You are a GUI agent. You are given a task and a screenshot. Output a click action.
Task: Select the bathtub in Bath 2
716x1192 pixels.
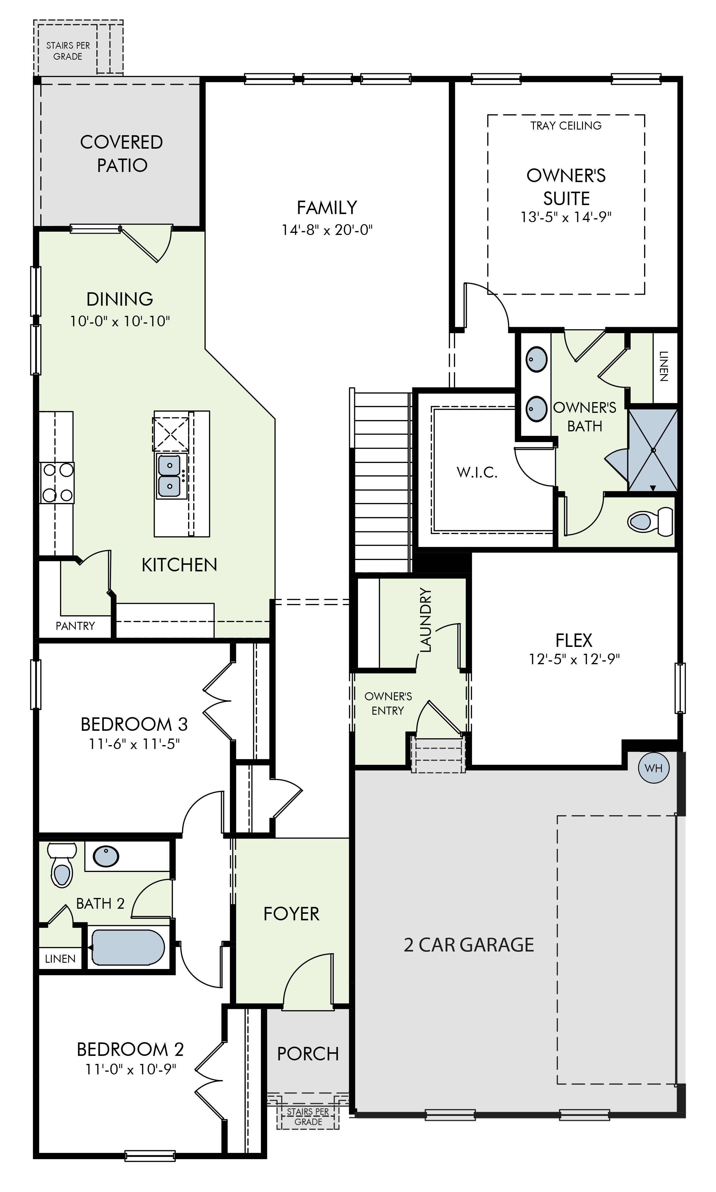coord(128,947)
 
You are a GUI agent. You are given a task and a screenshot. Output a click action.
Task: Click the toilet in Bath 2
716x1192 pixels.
coord(62,865)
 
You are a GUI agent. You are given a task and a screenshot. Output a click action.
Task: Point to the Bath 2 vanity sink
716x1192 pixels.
coord(106,856)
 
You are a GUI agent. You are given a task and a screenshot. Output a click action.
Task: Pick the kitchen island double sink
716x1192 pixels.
coord(170,477)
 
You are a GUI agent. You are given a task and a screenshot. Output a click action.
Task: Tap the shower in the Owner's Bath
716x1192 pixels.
coord(653,450)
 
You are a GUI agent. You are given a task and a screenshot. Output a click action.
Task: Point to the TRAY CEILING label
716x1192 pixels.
coord(566,125)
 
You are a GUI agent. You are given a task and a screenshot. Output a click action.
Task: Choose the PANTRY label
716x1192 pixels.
coord(75,626)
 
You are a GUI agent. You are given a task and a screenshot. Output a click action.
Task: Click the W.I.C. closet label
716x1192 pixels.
coord(477,472)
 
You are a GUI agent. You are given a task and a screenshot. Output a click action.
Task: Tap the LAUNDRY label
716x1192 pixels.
coord(425,620)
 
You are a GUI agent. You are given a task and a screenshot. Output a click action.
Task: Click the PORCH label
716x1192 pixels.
coord(308,1054)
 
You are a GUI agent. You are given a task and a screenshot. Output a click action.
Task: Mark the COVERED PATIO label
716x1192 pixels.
coord(122,153)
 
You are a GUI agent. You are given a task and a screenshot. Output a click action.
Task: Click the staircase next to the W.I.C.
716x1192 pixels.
coord(382,482)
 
